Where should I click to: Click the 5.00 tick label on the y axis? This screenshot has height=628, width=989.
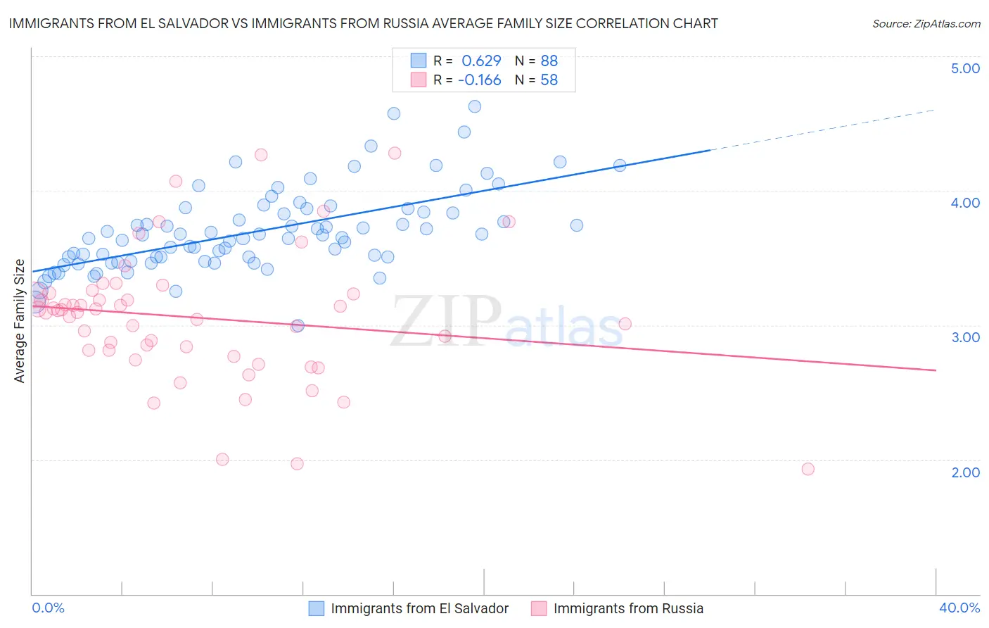click(x=965, y=68)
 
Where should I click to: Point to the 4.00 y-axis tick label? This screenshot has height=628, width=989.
click(x=965, y=203)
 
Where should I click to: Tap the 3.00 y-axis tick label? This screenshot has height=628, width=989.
click(x=965, y=337)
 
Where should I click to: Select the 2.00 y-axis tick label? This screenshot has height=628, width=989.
click(x=965, y=472)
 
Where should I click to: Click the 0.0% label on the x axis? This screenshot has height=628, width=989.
click(x=48, y=608)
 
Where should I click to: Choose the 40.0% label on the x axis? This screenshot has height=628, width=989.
click(x=959, y=608)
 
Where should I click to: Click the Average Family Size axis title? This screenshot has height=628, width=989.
click(x=20, y=321)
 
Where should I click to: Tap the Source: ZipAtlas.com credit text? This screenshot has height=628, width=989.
click(x=926, y=23)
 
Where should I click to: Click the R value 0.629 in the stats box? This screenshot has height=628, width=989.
click(x=481, y=61)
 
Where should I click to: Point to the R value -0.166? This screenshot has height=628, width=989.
click(x=480, y=80)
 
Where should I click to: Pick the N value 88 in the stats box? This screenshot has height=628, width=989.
click(x=549, y=61)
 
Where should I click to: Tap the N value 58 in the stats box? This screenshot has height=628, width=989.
click(x=549, y=80)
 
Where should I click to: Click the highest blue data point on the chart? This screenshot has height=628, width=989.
click(x=475, y=106)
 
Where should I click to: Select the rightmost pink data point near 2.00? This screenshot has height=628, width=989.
click(x=808, y=469)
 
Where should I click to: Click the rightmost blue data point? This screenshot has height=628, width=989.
click(x=620, y=165)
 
